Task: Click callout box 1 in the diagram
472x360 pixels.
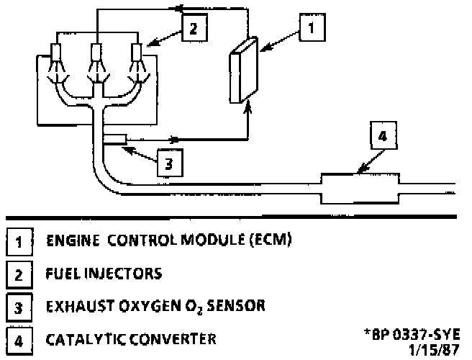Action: [x=310, y=29]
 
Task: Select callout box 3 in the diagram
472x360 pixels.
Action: [x=168, y=163]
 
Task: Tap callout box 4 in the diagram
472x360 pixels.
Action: [x=383, y=135]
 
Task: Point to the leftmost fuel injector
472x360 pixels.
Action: [x=55, y=55]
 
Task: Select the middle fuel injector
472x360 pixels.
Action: [x=96, y=55]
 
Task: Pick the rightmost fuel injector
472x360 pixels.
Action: [x=136, y=55]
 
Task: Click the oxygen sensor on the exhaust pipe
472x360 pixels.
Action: [x=114, y=138]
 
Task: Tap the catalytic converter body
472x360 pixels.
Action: [x=360, y=188]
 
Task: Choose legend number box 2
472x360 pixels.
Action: [x=17, y=274]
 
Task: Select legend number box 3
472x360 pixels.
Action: [x=17, y=307]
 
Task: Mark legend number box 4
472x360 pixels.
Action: [x=17, y=340]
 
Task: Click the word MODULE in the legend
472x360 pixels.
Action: [x=212, y=239]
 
